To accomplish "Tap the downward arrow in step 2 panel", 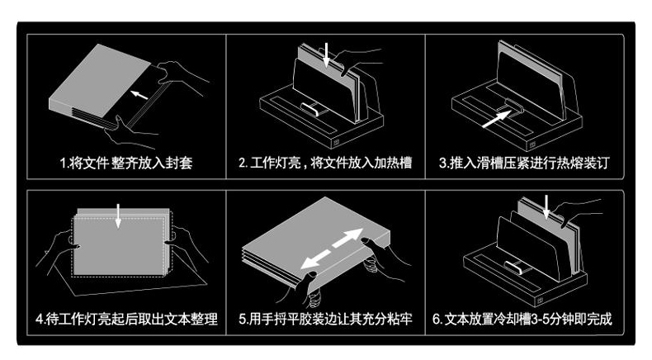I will click(327, 56).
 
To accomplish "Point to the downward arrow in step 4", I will click(119, 214).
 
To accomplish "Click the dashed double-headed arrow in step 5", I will click(332, 249).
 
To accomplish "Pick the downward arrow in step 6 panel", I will click(546, 207).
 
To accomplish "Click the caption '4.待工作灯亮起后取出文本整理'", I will click(126, 319).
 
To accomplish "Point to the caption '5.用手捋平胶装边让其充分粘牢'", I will click(324, 319).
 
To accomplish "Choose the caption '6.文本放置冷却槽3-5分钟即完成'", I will click(523, 319).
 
